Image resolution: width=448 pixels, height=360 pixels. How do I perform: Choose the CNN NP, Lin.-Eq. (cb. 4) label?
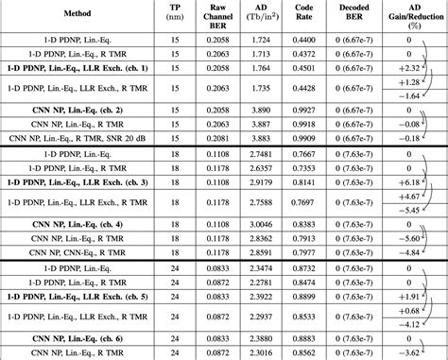click(x=78, y=225)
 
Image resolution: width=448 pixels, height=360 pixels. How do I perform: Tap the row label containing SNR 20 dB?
click(x=78, y=138)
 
